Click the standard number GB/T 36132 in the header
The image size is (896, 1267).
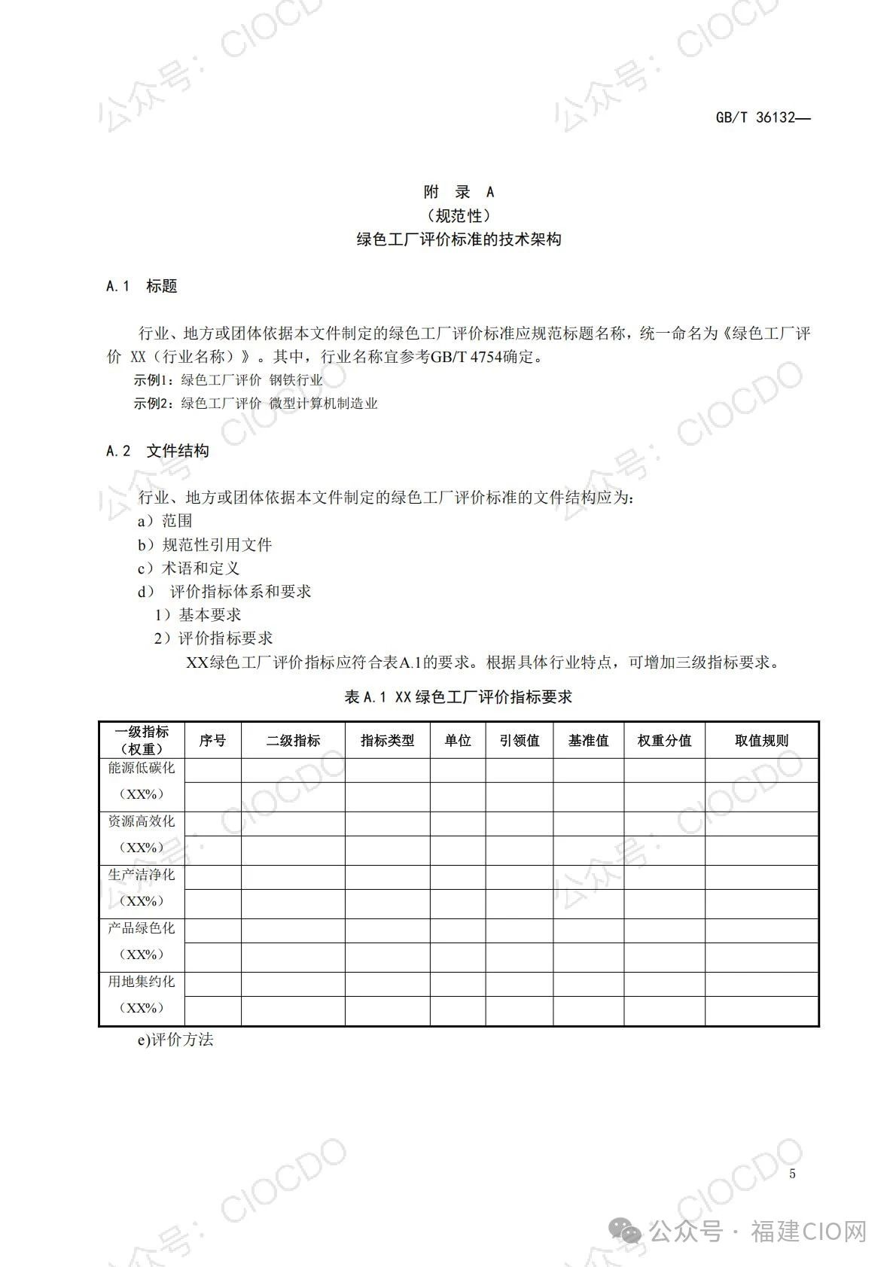click(762, 118)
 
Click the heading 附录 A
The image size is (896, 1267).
click(459, 193)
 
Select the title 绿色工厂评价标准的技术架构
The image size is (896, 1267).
click(459, 240)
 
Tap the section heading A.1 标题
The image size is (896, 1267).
click(142, 286)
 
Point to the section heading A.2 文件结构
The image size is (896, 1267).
click(158, 451)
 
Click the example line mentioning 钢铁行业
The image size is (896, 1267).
click(228, 380)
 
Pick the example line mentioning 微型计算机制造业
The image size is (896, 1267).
click(256, 404)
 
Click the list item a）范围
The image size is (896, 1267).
click(165, 521)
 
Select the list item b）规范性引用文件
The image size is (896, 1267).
click(204, 545)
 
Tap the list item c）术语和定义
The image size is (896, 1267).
click(188, 568)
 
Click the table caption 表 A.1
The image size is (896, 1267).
click(458, 697)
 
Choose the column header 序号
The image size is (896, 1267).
click(212, 741)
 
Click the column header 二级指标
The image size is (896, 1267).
click(293, 741)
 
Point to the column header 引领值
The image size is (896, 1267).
click(520, 741)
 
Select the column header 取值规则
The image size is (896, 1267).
click(761, 741)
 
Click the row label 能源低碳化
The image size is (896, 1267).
click(142, 768)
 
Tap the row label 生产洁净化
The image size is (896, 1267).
click(142, 875)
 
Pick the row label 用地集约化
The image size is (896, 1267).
click(142, 982)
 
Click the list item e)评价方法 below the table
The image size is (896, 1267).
click(175, 1040)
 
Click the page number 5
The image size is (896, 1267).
click(792, 1174)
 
